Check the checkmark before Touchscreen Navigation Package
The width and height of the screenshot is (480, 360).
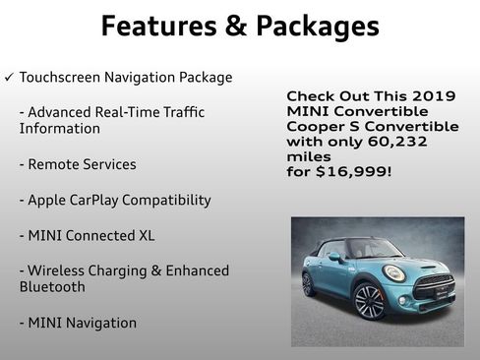click(9, 78)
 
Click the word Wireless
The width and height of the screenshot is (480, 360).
click(58, 270)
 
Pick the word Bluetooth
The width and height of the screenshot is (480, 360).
click(52, 287)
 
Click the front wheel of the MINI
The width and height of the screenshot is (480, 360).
click(368, 300)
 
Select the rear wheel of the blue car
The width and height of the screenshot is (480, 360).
click(309, 283)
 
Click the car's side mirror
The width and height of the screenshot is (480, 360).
click(334, 257)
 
